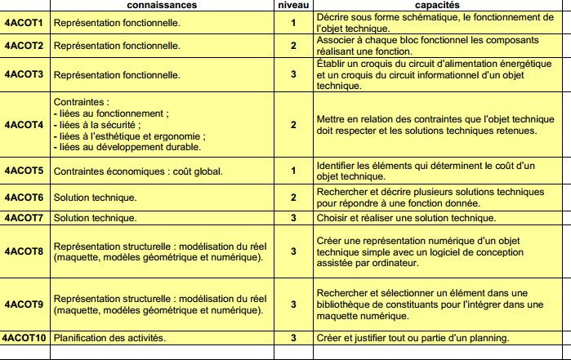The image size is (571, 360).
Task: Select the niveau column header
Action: point(293,5)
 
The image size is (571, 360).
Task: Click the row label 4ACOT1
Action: point(25,23)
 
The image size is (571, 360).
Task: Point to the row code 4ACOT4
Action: point(25,125)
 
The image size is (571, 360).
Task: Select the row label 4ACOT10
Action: point(26,338)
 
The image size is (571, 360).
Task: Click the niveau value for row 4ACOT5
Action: point(293,171)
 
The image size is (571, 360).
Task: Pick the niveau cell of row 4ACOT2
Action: point(293,46)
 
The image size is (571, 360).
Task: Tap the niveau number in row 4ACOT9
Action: point(293,304)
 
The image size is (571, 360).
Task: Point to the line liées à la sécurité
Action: point(98,125)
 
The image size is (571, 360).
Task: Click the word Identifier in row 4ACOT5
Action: point(337,166)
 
